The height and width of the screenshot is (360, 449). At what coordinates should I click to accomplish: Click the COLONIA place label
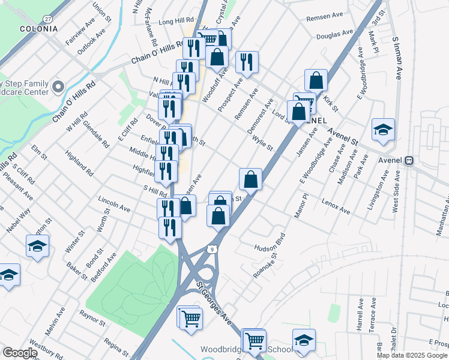38,28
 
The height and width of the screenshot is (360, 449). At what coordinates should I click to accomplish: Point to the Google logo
20,353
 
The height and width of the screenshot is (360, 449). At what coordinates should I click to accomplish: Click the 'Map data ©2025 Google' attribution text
412,355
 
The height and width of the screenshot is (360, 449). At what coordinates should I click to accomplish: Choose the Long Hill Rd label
176,21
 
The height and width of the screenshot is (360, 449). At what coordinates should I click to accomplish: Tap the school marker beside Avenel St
383,130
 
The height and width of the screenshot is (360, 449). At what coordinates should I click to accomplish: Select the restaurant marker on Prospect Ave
247,61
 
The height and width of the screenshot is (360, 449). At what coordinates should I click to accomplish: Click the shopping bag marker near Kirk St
316,80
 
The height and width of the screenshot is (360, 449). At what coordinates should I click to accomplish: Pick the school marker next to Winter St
38,246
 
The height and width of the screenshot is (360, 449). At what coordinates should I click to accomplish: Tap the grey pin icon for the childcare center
58,87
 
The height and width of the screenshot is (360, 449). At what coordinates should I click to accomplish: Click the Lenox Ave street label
336,206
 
